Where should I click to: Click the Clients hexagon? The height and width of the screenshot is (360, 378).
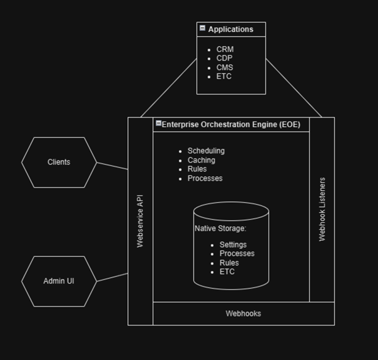tap(59, 162)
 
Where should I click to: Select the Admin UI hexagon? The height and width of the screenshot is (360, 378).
tap(59, 281)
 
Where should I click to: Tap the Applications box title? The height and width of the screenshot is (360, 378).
tap(231, 29)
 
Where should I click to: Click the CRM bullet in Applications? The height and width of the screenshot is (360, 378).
tap(225, 49)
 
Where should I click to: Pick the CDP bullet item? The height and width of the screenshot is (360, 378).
tap(224, 58)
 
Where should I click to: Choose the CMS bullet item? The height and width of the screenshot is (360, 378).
tap(225, 68)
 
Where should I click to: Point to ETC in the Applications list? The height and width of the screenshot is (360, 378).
tap(224, 77)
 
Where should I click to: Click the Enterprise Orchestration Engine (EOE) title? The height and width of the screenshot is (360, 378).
tap(231, 125)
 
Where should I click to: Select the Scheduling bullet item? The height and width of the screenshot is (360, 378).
tap(206, 151)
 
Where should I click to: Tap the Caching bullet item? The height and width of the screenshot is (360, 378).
tap(201, 160)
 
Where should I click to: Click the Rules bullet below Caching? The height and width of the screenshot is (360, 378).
tap(197, 169)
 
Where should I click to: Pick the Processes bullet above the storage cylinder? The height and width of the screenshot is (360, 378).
tap(205, 178)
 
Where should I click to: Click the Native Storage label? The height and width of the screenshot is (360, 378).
tap(220, 228)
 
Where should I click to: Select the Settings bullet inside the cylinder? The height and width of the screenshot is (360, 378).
tap(233, 245)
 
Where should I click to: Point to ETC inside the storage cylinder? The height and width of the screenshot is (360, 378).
tap(227, 272)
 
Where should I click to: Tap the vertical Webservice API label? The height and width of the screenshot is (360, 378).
tap(140, 221)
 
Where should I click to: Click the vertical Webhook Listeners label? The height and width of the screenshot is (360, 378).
tap(322, 209)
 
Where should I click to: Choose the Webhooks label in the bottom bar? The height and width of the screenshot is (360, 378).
tap(243, 314)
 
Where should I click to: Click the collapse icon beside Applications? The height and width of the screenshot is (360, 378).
tap(202, 29)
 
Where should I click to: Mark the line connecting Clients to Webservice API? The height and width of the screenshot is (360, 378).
tap(112, 166)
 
